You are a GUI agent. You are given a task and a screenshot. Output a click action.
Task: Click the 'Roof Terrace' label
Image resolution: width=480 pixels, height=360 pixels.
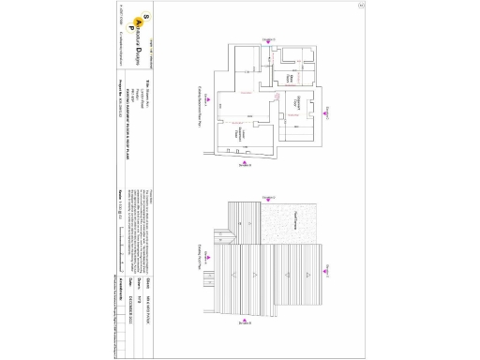coord(292,217)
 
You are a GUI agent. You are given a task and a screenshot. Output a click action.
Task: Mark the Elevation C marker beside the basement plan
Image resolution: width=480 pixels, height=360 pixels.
coord(330,112)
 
